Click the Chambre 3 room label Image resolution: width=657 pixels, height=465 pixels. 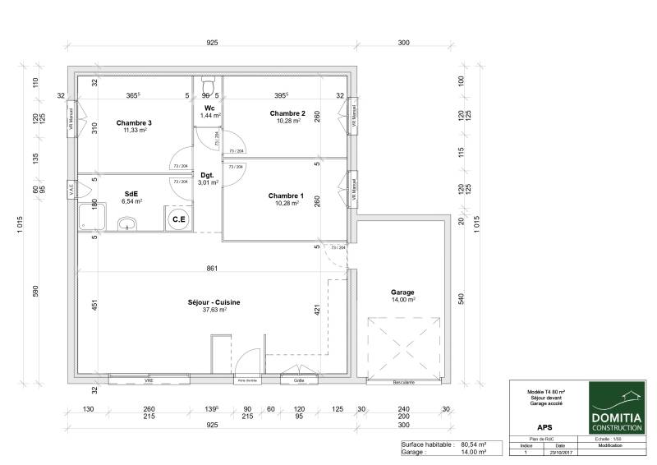click(134, 122)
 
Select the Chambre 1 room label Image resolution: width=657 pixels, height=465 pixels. click(286, 196)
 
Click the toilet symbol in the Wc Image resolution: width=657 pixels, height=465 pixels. click(208, 87)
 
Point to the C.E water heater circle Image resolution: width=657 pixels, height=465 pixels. click(177, 219)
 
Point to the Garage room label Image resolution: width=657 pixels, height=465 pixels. click(402, 292)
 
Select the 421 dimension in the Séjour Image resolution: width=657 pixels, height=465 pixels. click(315, 310)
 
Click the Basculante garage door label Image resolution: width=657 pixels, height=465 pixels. click(402, 382)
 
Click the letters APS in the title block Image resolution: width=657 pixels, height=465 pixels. click(544, 427)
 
